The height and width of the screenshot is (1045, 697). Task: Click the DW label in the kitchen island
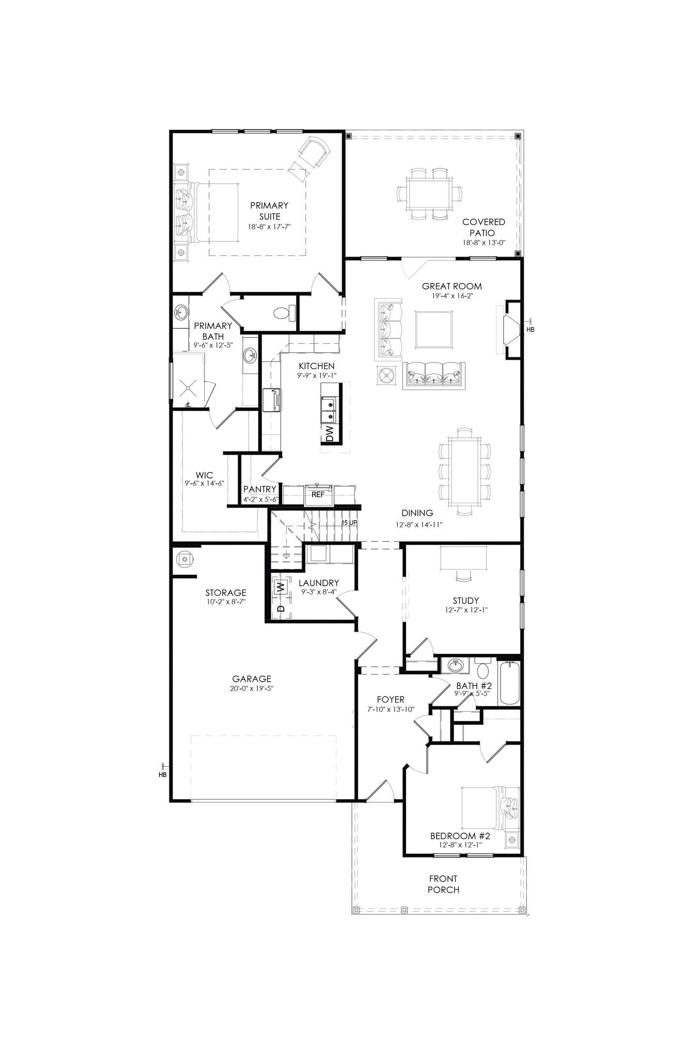point(330,434)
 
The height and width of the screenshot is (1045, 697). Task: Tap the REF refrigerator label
point(318,494)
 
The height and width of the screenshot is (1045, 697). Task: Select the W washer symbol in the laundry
point(280,587)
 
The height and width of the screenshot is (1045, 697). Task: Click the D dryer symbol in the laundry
point(280,609)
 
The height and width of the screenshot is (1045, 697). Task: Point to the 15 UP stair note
point(349,523)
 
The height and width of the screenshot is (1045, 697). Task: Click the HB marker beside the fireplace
point(530,329)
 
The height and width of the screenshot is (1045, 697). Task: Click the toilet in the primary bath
point(284,313)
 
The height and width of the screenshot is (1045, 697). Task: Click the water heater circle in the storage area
point(184,559)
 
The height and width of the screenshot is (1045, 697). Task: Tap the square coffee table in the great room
point(434,329)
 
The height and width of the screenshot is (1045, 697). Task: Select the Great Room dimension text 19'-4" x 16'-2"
point(452,296)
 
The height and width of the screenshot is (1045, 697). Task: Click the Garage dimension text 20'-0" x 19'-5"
point(251,688)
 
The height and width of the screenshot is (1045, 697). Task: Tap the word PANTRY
point(260,489)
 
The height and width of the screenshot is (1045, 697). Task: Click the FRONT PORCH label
point(443,884)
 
